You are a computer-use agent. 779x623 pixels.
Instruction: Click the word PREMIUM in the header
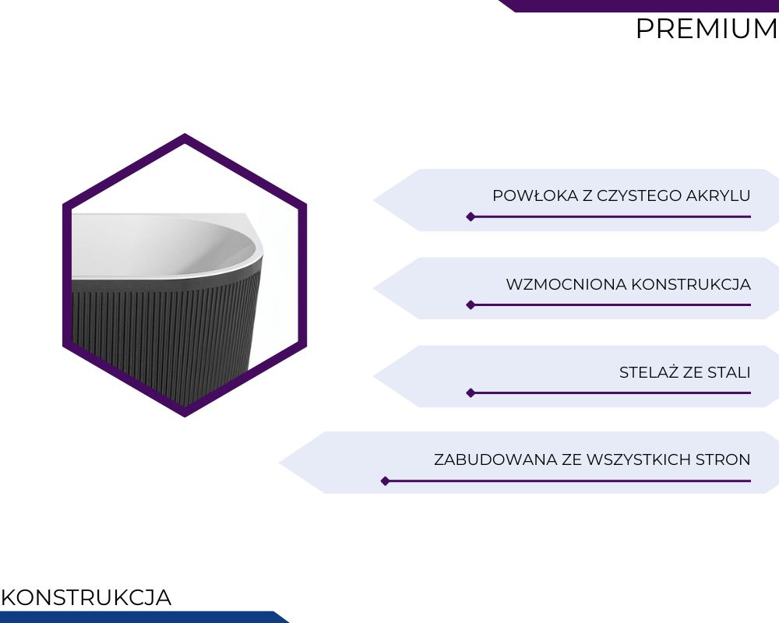click(707, 29)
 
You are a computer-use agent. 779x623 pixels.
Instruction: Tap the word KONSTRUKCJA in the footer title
click(86, 597)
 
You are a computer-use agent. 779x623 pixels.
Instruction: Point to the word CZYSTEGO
click(639, 195)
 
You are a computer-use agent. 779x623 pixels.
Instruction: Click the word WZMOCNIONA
click(566, 285)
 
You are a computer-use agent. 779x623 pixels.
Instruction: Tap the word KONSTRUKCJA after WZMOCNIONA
click(691, 285)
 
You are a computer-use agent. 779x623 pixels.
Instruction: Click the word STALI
click(729, 372)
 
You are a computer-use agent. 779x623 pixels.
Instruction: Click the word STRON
click(723, 459)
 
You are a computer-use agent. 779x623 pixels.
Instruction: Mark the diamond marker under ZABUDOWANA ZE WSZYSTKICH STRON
click(385, 481)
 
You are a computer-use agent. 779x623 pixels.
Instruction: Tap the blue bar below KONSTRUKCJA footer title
click(139, 617)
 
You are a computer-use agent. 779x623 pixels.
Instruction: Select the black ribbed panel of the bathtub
click(164, 338)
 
